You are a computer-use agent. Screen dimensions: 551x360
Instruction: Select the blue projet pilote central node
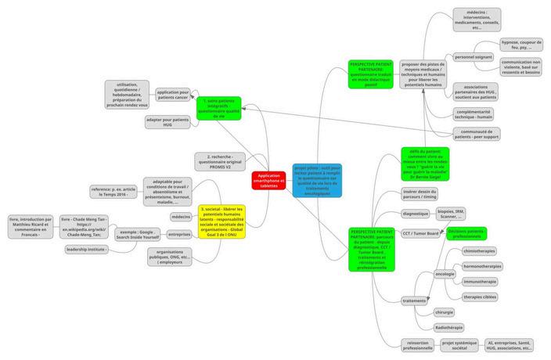[318, 180]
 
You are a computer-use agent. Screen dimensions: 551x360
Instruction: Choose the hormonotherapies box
[483, 266]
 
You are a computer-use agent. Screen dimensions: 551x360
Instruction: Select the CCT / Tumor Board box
[420, 233]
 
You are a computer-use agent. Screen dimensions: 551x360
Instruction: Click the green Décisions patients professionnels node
[466, 233]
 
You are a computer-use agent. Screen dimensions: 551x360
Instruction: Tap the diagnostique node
[415, 214]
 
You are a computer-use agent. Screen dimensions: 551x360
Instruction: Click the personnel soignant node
[473, 56]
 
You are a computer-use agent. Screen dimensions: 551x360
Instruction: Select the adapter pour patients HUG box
[167, 122]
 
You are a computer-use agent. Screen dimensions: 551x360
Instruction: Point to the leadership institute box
[86, 249]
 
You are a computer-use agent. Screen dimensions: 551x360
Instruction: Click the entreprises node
[179, 234]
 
